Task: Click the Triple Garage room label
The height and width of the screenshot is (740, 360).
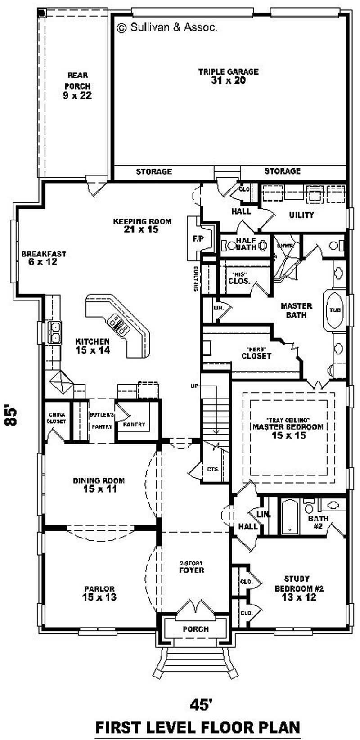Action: click(x=228, y=76)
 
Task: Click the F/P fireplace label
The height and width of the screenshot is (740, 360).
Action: click(x=198, y=239)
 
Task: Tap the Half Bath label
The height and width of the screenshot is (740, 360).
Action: click(x=246, y=244)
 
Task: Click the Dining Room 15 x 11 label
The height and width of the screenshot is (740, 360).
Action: click(x=99, y=484)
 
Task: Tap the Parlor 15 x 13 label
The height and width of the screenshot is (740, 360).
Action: click(x=99, y=593)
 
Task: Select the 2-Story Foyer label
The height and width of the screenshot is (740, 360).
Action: click(x=192, y=567)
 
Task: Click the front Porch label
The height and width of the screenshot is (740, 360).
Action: click(x=196, y=629)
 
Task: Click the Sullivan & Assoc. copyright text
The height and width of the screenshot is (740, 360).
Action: click(x=167, y=27)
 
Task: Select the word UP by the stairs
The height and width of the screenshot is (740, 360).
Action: click(x=194, y=386)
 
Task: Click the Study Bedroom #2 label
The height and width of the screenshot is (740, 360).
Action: click(x=299, y=588)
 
